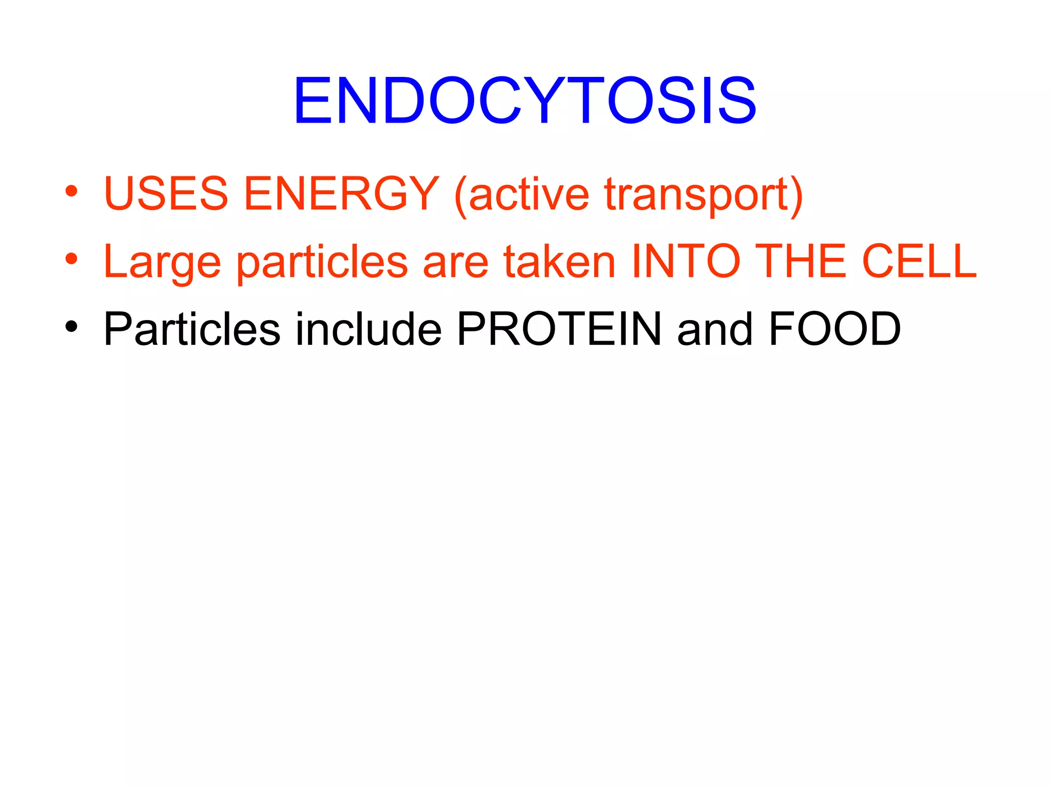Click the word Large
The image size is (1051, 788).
click(x=162, y=263)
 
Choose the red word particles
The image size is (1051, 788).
click(x=322, y=263)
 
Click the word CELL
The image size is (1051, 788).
click(x=919, y=261)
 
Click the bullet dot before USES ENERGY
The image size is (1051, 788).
click(x=71, y=192)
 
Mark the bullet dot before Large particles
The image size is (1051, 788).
click(x=71, y=259)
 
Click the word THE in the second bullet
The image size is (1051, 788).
click(x=801, y=261)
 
